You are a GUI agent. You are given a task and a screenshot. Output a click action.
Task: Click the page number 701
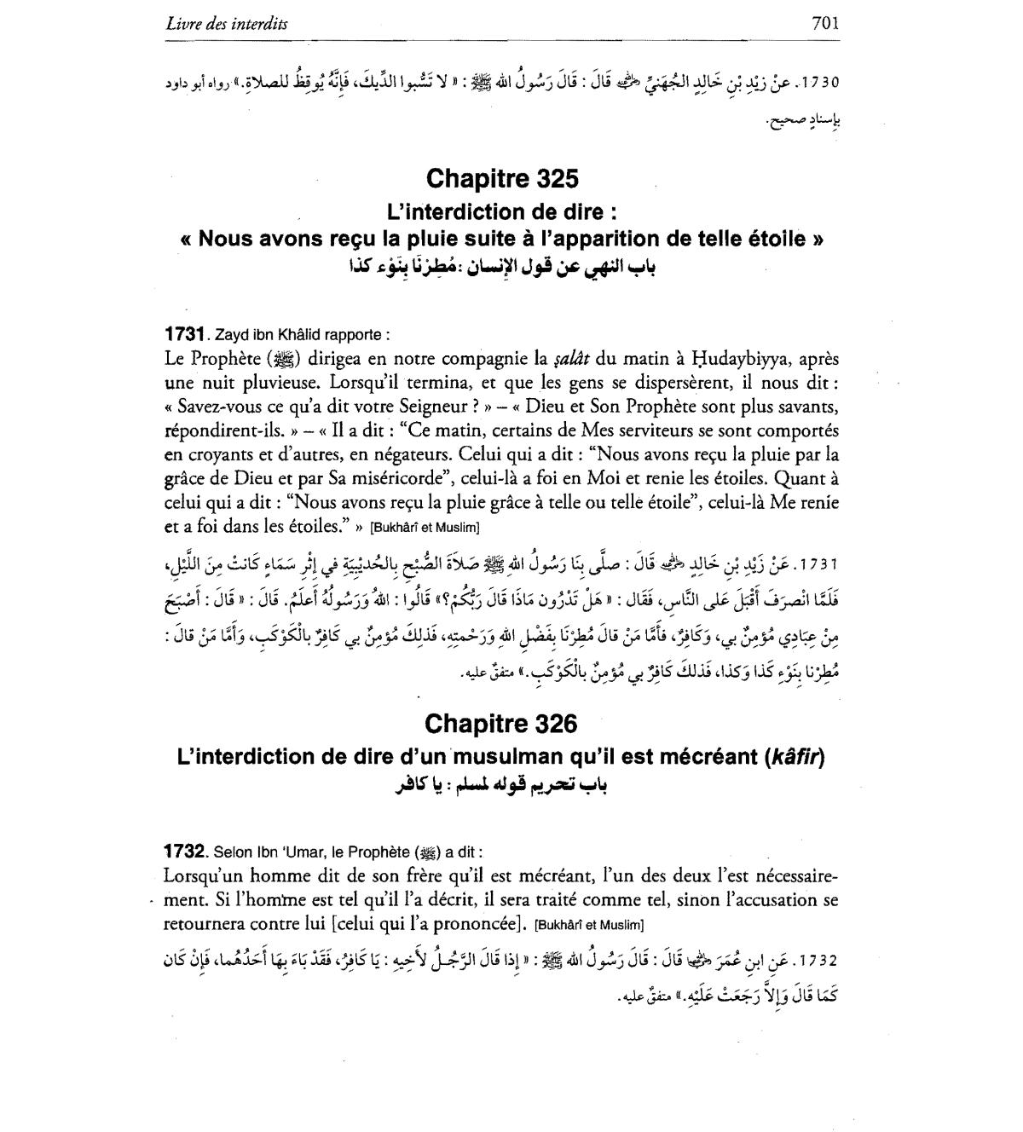click(x=826, y=23)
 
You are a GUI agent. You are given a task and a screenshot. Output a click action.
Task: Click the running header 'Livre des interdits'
click(x=227, y=24)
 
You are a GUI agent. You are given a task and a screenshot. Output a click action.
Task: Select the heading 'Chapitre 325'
click(x=502, y=179)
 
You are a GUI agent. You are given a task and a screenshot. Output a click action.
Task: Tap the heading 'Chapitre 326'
click(x=501, y=724)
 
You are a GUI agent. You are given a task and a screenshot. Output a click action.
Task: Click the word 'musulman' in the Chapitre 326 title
click(x=509, y=757)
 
